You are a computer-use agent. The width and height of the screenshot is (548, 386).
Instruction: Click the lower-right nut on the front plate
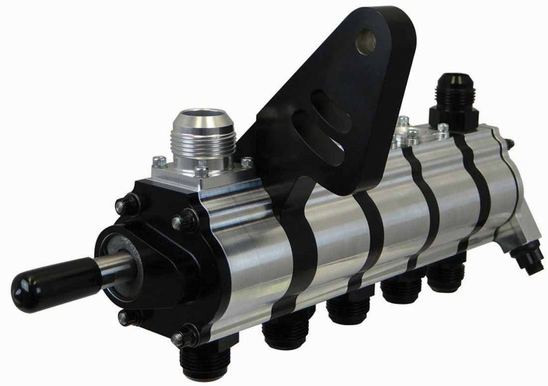click(186, 336)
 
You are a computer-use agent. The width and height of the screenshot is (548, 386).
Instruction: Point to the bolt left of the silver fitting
click(159, 161)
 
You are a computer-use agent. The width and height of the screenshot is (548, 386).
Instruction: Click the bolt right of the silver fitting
click(246, 162)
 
